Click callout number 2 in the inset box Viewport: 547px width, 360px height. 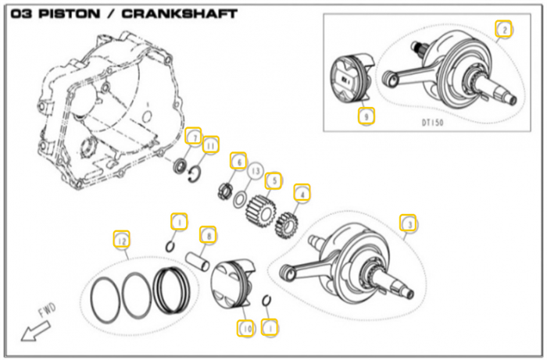coord(505,30)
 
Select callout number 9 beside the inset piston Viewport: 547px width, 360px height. coord(364,117)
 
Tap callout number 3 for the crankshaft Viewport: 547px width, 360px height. coord(408,224)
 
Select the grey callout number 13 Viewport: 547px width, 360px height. coord(256,169)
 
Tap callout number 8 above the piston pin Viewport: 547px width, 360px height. coord(208,234)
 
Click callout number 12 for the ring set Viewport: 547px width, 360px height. coord(121,242)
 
